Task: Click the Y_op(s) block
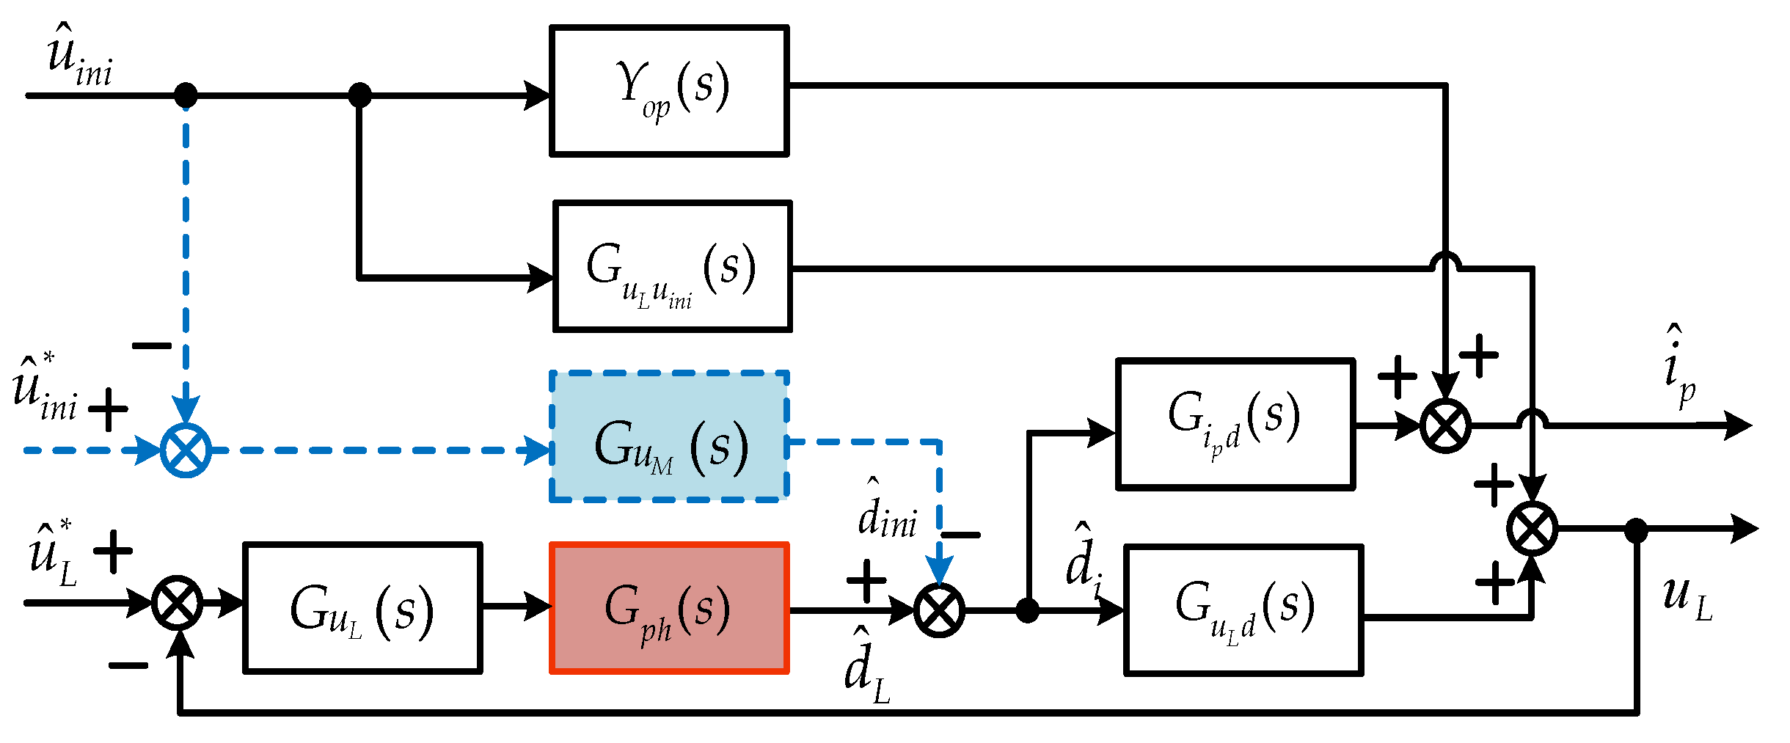point(669,91)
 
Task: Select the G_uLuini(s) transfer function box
point(672,267)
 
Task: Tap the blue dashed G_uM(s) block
point(669,437)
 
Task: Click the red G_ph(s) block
point(669,608)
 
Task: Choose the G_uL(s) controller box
point(362,608)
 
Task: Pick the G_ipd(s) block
point(1235,424)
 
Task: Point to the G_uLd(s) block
point(1243,610)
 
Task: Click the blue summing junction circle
point(186,450)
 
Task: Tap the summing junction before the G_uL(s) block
point(178,603)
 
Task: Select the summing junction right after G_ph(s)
point(939,610)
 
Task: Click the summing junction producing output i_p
point(1445,425)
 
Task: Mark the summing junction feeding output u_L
point(1533,528)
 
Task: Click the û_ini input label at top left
point(78,57)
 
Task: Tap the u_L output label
point(1687,598)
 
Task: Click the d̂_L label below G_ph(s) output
point(867,667)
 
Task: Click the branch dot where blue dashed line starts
point(186,95)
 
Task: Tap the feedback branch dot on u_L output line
point(1637,530)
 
